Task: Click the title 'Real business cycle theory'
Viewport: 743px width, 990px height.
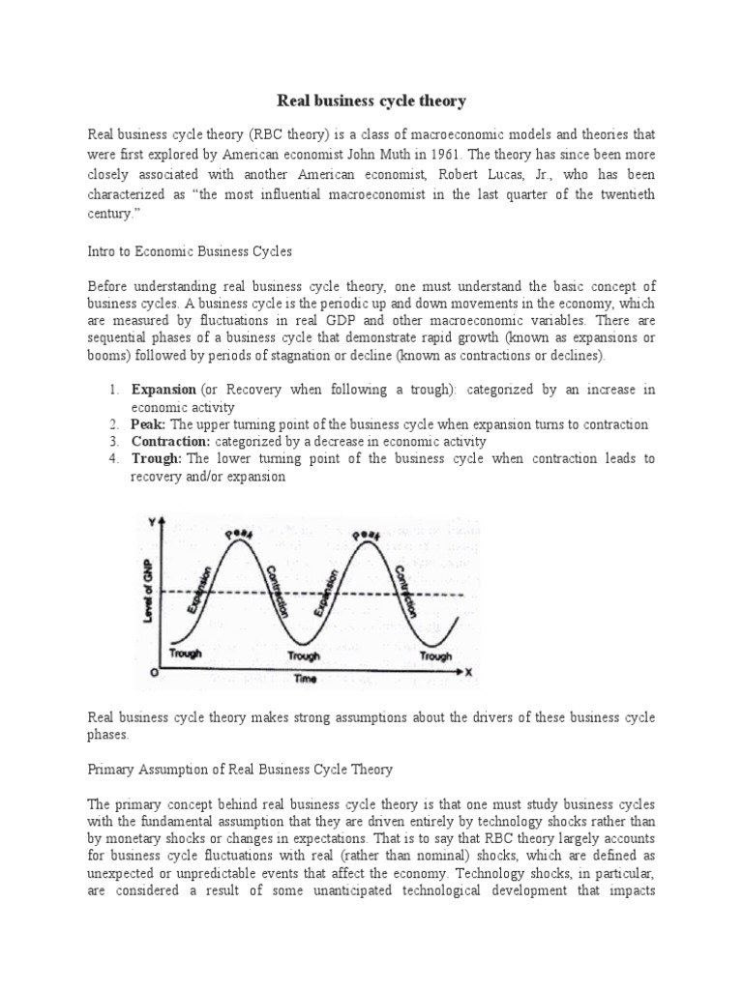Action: [x=371, y=100]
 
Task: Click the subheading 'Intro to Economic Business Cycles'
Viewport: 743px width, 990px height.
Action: [x=190, y=250]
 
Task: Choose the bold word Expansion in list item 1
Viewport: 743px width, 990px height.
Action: [x=163, y=390]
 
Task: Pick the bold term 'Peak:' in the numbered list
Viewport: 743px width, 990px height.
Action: [x=149, y=424]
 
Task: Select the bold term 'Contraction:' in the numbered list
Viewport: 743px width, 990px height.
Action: [x=170, y=442]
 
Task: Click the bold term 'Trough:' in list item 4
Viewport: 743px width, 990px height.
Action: [x=157, y=459]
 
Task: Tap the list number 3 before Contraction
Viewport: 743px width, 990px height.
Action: [x=113, y=442]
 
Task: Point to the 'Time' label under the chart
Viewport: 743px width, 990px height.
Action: [x=307, y=679]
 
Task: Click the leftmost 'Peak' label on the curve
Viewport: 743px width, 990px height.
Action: [x=236, y=533]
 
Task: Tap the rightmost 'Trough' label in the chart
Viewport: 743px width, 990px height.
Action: [x=435, y=655]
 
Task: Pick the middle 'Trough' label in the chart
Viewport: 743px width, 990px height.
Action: [x=304, y=655]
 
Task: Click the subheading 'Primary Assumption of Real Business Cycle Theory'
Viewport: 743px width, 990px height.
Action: [x=239, y=770]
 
